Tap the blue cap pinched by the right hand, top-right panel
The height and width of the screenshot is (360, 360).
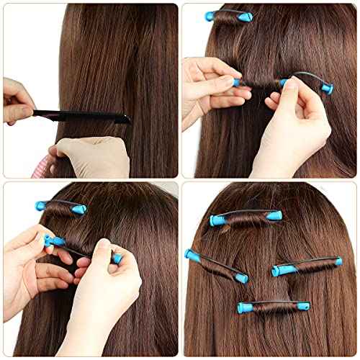(325, 89)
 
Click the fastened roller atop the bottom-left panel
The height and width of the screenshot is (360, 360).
(61, 207)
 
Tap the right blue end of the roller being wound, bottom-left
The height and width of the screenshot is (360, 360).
(116, 258)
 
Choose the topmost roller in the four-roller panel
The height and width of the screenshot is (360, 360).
(244, 218)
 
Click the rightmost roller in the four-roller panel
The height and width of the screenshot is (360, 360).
(306, 266)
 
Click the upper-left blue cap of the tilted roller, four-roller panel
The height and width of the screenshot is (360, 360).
(191, 254)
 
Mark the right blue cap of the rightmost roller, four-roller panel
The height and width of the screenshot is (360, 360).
(336, 261)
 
